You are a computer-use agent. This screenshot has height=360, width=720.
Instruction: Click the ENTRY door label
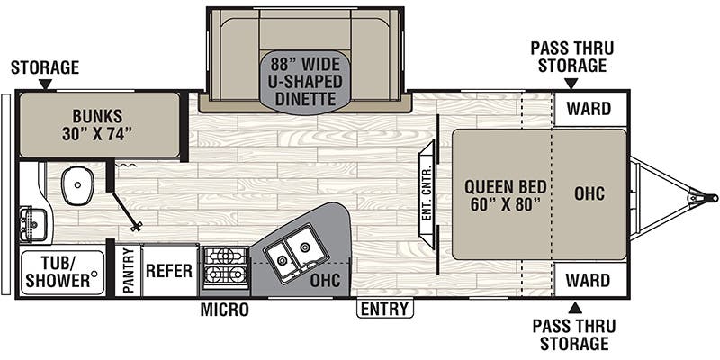[x=384, y=310]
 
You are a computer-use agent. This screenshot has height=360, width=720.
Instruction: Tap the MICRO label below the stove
[x=224, y=310]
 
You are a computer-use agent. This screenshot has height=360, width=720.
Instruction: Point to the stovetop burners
[x=222, y=266]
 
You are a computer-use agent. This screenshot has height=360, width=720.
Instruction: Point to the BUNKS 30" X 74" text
[x=99, y=125]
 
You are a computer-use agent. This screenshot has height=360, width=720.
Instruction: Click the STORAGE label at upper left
[x=45, y=68]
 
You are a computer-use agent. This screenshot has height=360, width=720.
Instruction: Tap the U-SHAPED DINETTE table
[x=304, y=80]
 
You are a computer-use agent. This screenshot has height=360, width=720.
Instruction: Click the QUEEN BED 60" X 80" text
[x=505, y=194]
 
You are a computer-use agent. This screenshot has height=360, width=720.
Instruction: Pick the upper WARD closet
[x=589, y=110]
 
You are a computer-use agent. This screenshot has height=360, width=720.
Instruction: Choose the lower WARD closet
[x=589, y=280]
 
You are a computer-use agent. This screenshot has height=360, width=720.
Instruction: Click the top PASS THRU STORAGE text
[x=568, y=56]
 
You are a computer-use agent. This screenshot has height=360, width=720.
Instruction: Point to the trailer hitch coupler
[x=700, y=195]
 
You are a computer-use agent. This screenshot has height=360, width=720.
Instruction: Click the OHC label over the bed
[x=589, y=194]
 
